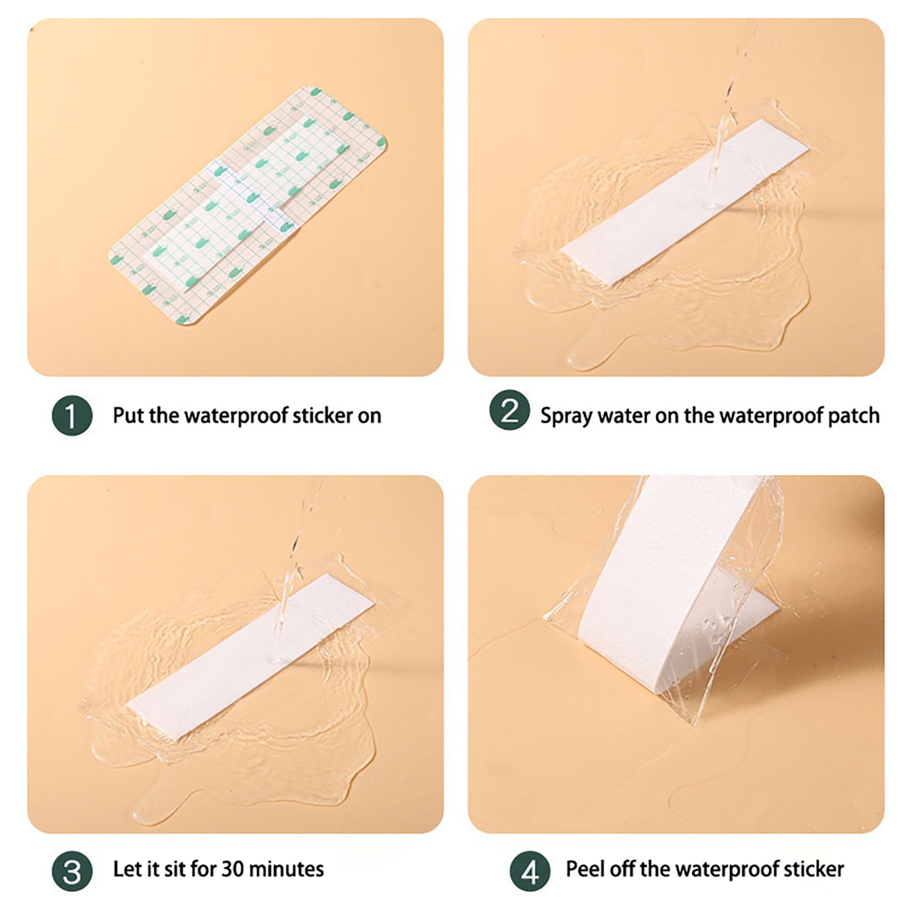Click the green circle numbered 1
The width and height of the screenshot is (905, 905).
(x=72, y=416)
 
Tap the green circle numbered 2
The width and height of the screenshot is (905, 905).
(x=510, y=410)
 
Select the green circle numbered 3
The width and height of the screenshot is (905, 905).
(x=72, y=871)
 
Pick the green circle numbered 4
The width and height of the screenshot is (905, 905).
(x=530, y=871)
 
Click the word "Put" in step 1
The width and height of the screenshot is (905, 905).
(x=128, y=416)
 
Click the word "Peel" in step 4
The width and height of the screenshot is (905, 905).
(x=584, y=869)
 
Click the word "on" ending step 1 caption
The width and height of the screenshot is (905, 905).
(x=369, y=417)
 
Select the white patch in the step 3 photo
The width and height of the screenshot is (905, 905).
(x=249, y=657)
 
